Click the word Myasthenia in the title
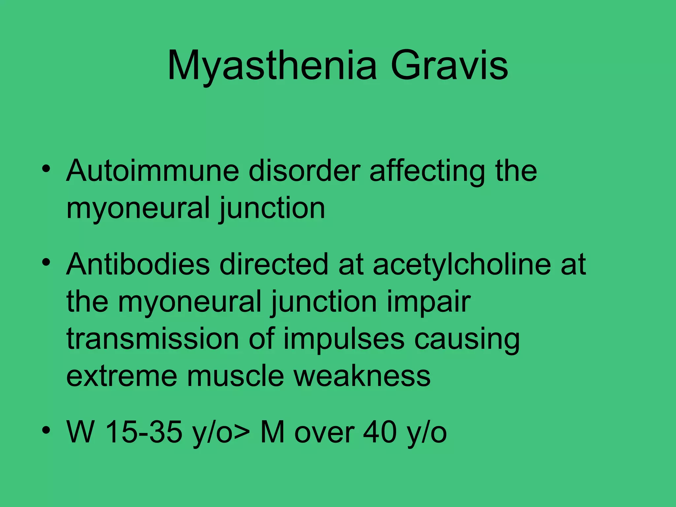click(x=272, y=66)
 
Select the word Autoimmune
click(x=152, y=171)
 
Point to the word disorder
click(x=304, y=171)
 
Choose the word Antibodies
click(x=138, y=264)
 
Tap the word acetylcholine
click(x=462, y=265)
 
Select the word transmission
click(x=152, y=339)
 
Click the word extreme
click(x=121, y=377)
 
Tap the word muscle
click(x=235, y=376)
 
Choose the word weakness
click(x=362, y=376)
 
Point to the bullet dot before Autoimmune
click(x=46, y=169)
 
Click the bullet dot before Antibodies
click(x=46, y=262)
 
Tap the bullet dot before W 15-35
click(x=46, y=430)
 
